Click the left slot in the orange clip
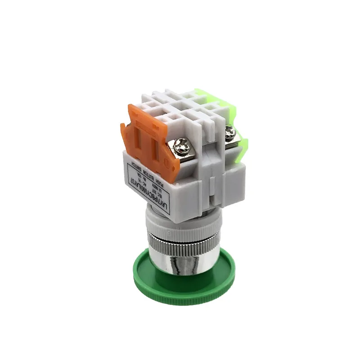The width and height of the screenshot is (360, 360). pyautogui.click(x=139, y=139)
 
